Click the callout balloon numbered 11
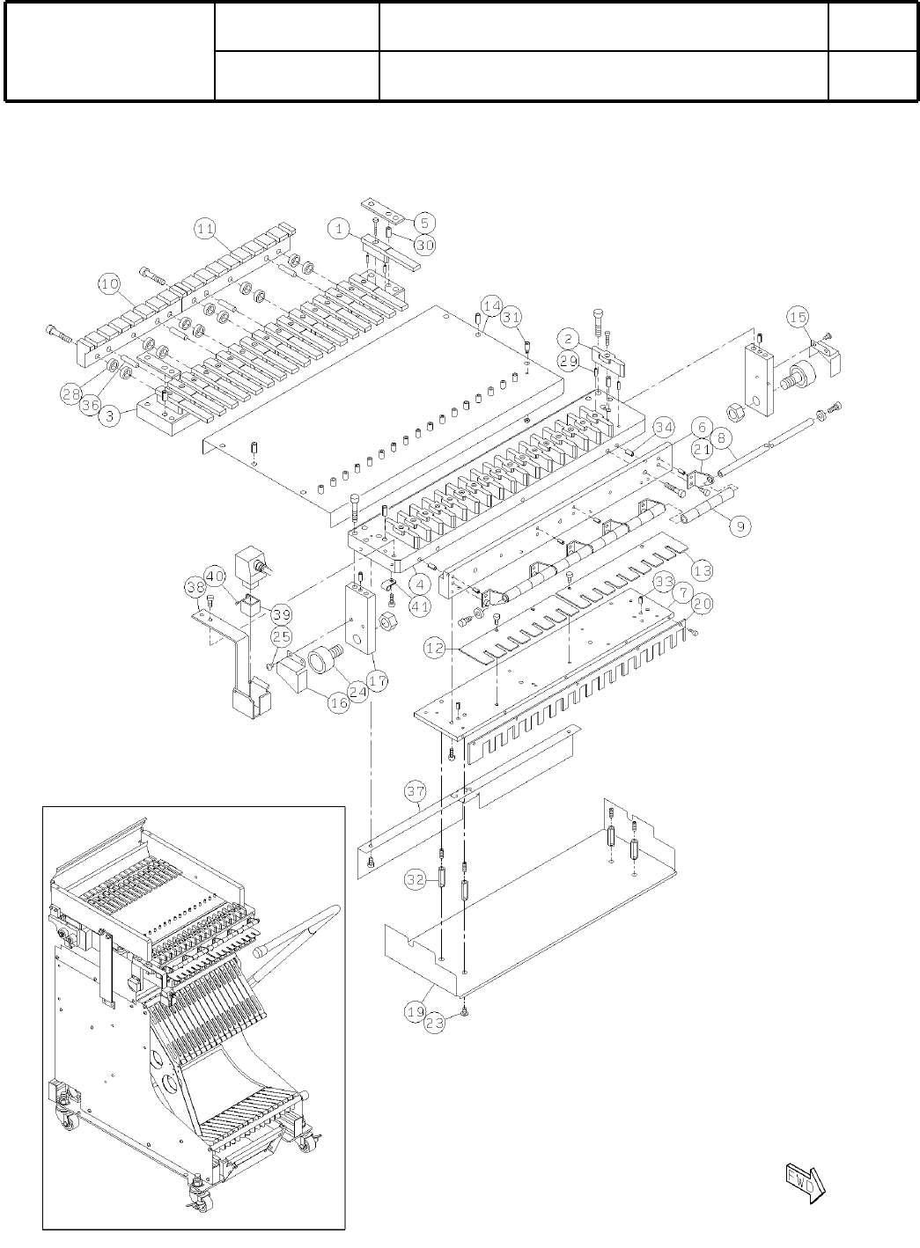click(x=204, y=229)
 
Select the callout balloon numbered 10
click(x=109, y=283)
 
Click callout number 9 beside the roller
click(x=740, y=526)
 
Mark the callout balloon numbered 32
click(x=416, y=878)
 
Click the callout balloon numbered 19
click(x=416, y=1012)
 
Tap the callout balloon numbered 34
click(x=663, y=428)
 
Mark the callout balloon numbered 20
click(x=702, y=605)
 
